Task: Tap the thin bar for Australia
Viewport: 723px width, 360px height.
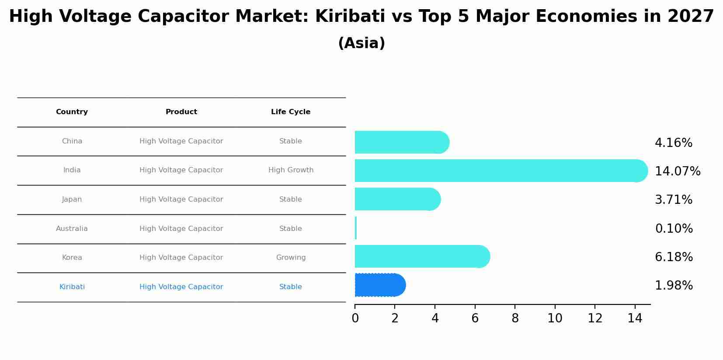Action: tap(356, 228)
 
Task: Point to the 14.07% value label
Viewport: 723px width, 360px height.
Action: tap(677, 171)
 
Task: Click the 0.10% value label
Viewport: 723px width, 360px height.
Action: tap(674, 229)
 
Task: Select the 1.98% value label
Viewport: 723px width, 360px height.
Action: tap(674, 286)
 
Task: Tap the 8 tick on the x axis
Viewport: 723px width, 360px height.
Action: tap(515, 318)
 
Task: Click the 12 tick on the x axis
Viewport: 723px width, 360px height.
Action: tap(595, 318)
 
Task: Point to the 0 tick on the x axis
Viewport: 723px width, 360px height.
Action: tap(355, 318)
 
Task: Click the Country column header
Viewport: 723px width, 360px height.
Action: tap(72, 112)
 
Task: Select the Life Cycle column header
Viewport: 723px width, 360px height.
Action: tap(291, 112)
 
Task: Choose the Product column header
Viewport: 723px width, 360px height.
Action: tap(181, 112)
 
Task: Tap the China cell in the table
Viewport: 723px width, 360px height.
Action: tap(72, 141)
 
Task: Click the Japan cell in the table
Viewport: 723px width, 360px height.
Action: tap(72, 199)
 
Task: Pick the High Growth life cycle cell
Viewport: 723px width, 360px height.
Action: tap(291, 170)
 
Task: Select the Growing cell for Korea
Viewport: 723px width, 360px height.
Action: tap(291, 258)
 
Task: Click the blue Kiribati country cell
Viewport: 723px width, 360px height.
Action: tap(72, 287)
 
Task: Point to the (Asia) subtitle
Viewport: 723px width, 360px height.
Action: tap(361, 43)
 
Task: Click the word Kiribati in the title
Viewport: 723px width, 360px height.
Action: tap(350, 17)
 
